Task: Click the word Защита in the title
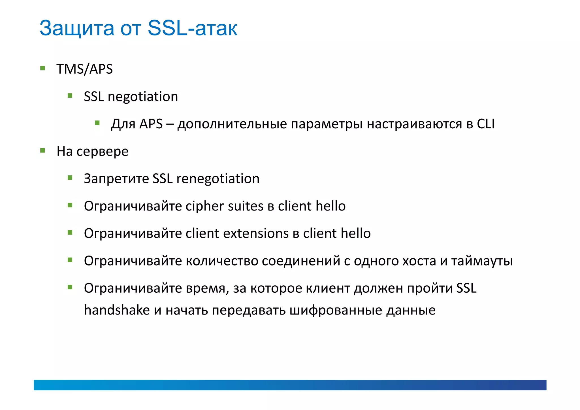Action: [77, 28]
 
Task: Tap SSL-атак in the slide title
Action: [192, 28]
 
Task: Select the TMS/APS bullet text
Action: [84, 69]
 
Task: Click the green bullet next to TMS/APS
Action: [43, 68]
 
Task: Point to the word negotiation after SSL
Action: [143, 97]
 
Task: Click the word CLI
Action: [485, 124]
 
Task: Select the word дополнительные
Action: [232, 124]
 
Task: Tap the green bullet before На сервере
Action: [43, 150]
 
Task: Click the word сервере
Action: [102, 151]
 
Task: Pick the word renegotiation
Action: [217, 179]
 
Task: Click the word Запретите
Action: [116, 179]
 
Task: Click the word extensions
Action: [256, 233]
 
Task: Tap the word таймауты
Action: [482, 261]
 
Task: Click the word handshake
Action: [117, 310]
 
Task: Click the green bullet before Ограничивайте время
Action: [70, 287]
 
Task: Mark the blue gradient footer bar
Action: [290, 385]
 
